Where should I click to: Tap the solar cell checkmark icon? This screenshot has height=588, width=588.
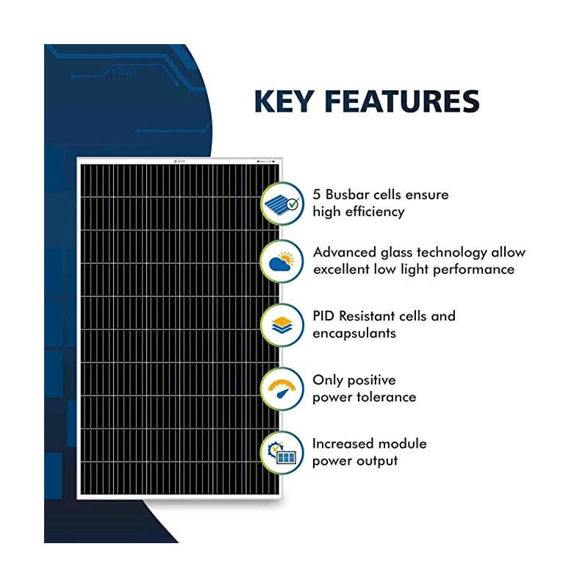point(282,203)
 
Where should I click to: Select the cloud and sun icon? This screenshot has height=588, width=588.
point(282,260)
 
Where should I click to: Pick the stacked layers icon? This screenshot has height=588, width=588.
point(282,324)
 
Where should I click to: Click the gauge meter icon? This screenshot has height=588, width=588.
point(282,388)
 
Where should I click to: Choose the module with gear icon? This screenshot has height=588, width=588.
point(282,451)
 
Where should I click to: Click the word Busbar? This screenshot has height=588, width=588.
point(351,195)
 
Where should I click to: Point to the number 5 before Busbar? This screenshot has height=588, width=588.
point(317,195)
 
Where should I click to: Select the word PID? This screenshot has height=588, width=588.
point(324,316)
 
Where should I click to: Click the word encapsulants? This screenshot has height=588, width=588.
point(354,334)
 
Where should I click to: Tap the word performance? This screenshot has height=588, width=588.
point(473,269)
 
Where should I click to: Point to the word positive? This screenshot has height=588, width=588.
point(370,381)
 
